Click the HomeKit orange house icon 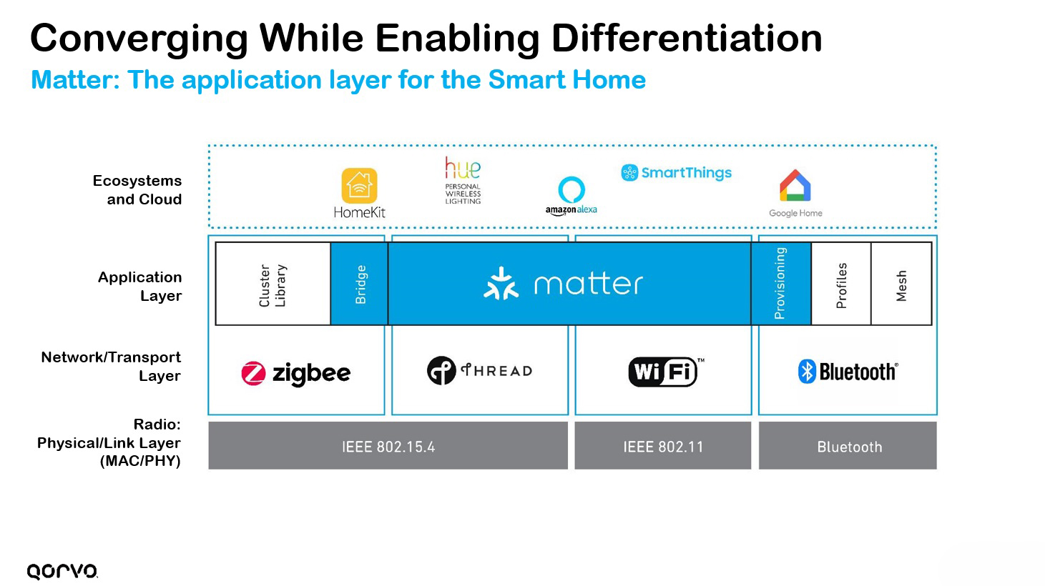pos(359,186)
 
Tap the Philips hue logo pos(463,169)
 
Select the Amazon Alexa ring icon pos(571,190)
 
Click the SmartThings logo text pos(685,173)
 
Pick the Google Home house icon pos(795,185)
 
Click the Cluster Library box pos(273,284)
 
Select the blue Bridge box pos(360,284)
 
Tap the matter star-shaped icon pos(501,284)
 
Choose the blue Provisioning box pos(780,284)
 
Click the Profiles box pos(841,284)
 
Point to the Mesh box pos(901,284)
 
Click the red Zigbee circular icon pos(253,373)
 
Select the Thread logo pos(479,370)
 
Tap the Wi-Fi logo pos(663,372)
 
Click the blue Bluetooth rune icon pos(807,372)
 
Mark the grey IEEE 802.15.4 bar pos(388,446)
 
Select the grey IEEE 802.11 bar pos(662,446)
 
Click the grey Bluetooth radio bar pos(848,446)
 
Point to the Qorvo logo pos(62,571)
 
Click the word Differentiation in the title pos(687,38)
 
